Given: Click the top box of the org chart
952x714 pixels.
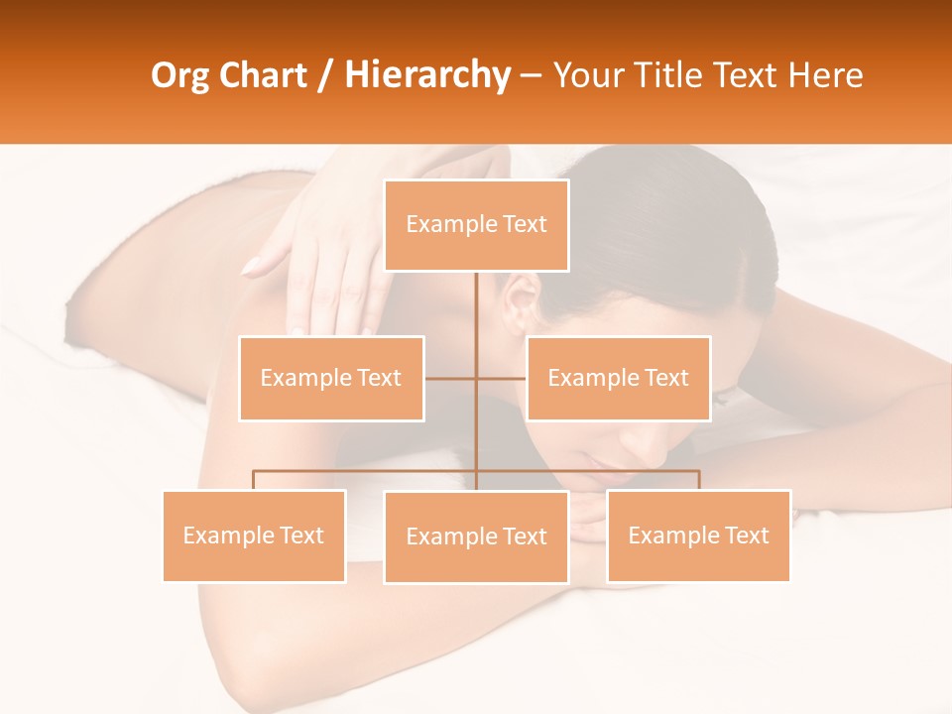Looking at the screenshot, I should pos(476,225).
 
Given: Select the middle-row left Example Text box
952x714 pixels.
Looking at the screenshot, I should pos(331,378).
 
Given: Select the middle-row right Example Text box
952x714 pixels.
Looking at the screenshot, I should pos(618,378).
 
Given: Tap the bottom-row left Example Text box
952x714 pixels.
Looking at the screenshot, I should pos(254,535).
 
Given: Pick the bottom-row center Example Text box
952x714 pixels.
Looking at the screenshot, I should pos(476,536).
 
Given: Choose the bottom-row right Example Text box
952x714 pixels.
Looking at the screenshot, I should pos(698,535).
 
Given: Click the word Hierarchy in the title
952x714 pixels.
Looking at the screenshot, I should pos(426,75).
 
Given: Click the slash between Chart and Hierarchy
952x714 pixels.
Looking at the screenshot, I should pos(325,76).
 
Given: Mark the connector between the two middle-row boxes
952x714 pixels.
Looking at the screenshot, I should pos(476,378).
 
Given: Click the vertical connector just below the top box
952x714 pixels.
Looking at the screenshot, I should pos(476,297).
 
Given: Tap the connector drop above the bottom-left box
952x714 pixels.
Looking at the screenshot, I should pos(254,480).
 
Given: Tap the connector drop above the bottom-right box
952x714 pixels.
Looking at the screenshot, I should pos(698,480).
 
